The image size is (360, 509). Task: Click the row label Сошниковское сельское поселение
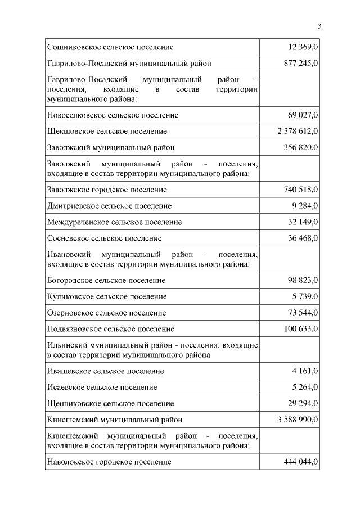110,47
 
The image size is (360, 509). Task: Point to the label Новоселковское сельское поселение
112,115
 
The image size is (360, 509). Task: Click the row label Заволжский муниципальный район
111,147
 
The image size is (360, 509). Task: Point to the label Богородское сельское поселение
106,280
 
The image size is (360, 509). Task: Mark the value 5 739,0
305,296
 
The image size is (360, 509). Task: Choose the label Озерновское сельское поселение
107,312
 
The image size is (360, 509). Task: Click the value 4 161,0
305,371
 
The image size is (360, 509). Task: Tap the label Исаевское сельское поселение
102,387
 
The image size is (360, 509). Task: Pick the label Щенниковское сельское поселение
110,403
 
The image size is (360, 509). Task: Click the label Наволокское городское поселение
109,462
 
